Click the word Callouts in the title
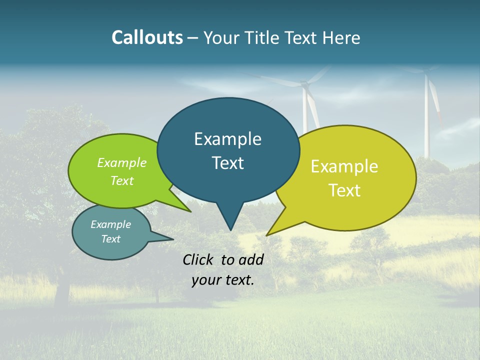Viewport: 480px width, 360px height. pos(147,37)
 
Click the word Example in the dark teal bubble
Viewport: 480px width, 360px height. pos(227,139)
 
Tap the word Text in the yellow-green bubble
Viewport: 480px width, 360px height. pos(344,190)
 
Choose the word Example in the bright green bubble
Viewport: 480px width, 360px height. pos(122,163)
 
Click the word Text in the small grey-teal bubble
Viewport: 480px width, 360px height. pos(111,239)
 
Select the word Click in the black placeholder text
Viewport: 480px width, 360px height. pos(199,259)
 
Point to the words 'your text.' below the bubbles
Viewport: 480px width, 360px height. pos(223,280)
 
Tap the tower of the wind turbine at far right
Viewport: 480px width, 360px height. pos(427,120)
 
